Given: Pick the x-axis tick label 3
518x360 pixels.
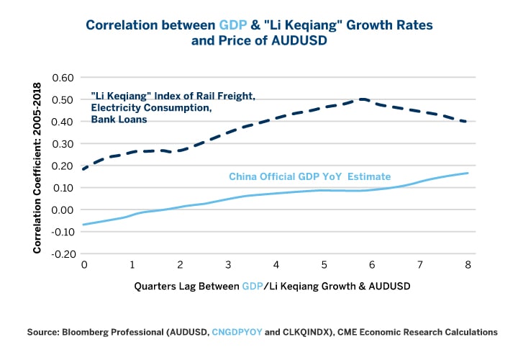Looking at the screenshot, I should [229, 264].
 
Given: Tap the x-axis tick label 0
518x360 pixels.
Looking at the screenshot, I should [85, 264].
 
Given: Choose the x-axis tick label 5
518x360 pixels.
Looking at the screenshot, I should [324, 264].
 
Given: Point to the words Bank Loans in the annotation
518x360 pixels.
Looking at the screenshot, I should [119, 120].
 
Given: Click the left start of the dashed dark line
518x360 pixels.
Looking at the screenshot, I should [85, 169].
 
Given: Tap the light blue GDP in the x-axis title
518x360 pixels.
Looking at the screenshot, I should [253, 286].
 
